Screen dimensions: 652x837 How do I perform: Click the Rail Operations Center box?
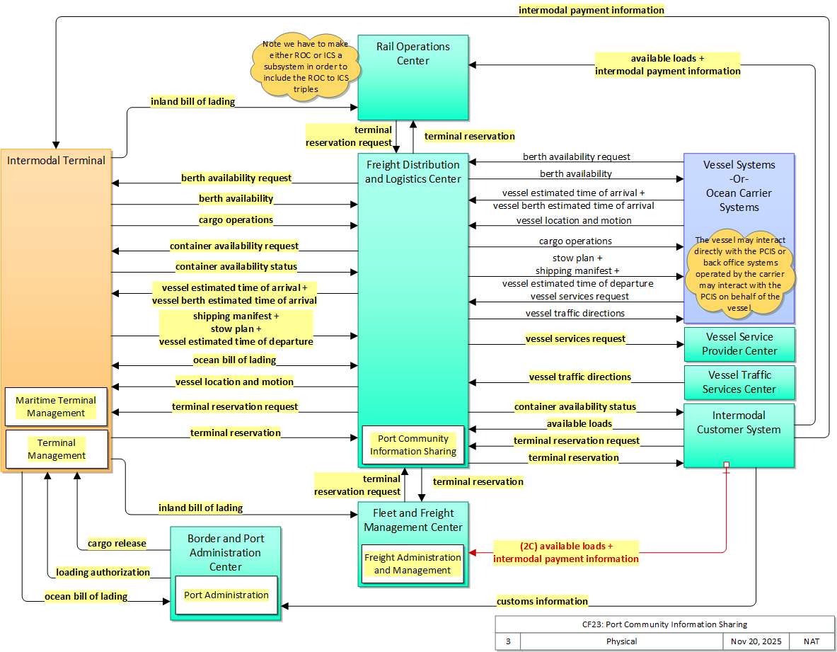pyautogui.click(x=412, y=78)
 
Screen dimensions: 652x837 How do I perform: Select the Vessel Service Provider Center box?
pyautogui.click(x=739, y=344)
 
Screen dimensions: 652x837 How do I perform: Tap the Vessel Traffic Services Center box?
pyautogui.click(x=739, y=382)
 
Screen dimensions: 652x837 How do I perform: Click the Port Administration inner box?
pyautogui.click(x=226, y=595)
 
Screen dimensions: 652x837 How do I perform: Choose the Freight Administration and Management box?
pyautogui.click(x=412, y=564)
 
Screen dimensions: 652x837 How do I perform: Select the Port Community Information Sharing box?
pyautogui.click(x=413, y=445)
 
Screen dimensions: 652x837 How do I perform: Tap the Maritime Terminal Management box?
pyautogui.click(x=57, y=406)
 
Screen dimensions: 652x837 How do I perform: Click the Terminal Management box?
pyautogui.click(x=57, y=449)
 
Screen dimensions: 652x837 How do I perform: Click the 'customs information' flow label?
pyautogui.click(x=542, y=601)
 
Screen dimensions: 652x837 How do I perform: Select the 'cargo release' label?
pyautogui.click(x=117, y=544)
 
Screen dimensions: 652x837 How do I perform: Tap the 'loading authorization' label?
pyautogui.click(x=103, y=572)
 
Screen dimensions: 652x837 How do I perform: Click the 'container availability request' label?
pyautogui.click(x=234, y=246)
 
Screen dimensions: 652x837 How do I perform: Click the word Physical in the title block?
pyautogui.click(x=621, y=641)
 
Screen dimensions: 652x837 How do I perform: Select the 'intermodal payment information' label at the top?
pyautogui.click(x=591, y=10)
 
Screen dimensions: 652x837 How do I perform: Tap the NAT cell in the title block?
pyautogui.click(x=812, y=641)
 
